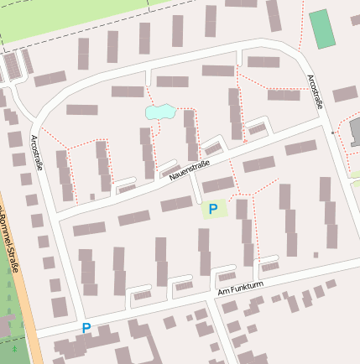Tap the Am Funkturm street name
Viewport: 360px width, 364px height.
tap(240, 288)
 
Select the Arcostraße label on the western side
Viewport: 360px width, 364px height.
tap(38, 153)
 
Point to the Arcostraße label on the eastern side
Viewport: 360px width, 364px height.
tap(316, 91)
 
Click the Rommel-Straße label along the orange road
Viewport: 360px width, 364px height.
tap(12, 243)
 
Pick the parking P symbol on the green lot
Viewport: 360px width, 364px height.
tap(213, 209)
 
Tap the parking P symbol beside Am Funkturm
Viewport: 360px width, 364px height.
tap(86, 328)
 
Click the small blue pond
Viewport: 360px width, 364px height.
tap(159, 111)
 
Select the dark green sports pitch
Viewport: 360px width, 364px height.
tap(321, 29)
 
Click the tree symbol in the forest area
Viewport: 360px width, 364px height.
tap(14, 345)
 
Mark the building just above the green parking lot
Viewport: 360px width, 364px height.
tap(218, 184)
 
